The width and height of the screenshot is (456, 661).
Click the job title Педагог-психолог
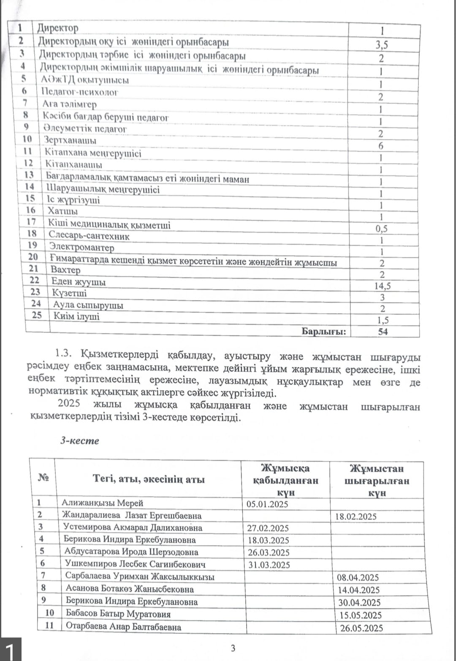80,92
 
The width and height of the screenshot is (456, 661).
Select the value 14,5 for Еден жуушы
382,286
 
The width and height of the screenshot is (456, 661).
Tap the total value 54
383,332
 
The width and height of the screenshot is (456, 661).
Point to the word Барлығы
323,332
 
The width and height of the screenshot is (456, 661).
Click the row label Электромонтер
81,247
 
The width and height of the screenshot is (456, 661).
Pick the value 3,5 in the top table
382,45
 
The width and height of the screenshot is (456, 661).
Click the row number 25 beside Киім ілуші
37,315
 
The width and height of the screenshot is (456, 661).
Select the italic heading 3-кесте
79,441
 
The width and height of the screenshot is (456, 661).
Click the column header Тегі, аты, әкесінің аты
149,479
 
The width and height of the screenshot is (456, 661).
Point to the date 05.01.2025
267,504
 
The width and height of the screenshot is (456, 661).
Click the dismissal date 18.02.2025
356,516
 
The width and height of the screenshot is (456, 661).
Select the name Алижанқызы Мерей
102,503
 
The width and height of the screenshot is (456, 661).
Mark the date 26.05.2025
361,628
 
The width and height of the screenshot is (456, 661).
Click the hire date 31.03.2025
269,565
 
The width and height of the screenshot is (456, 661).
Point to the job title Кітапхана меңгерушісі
93,153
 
